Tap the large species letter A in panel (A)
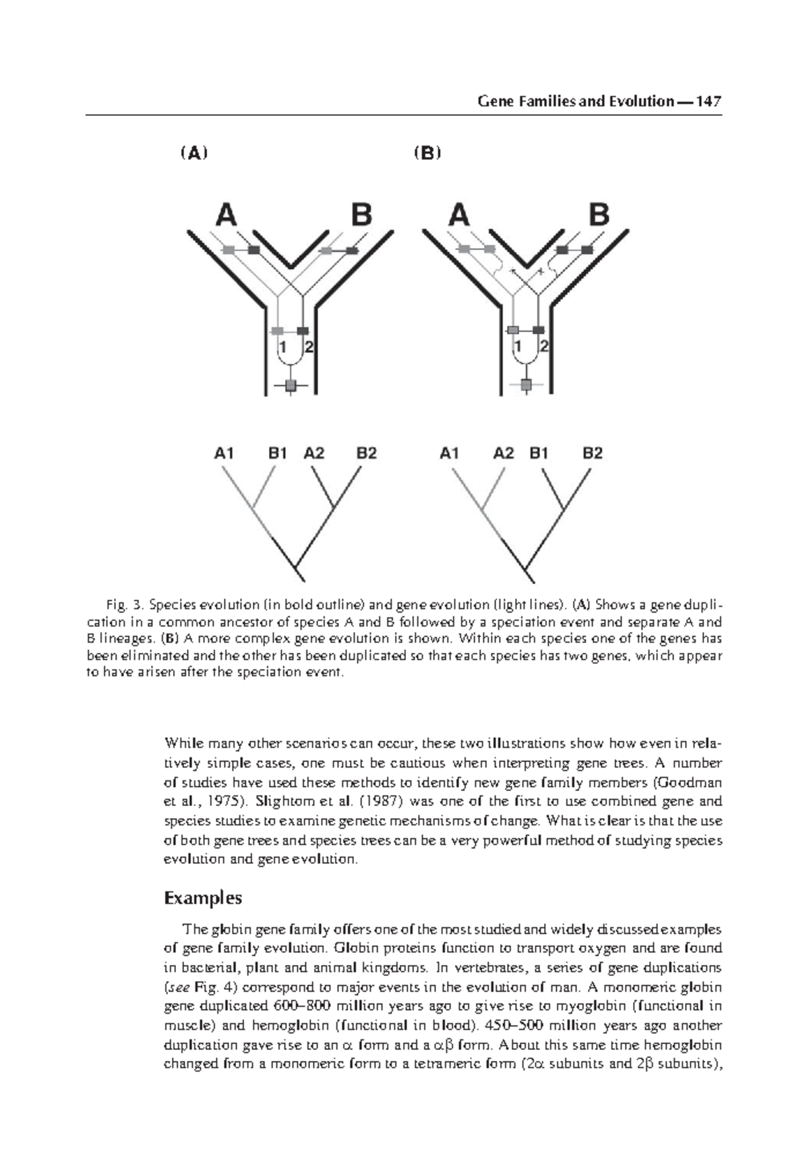click(227, 216)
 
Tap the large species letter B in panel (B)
click(599, 216)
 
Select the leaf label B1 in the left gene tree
click(278, 453)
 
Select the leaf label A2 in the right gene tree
click(504, 453)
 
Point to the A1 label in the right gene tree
click(450, 453)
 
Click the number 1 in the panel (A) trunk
click(283, 347)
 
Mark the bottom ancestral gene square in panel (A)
click(291, 386)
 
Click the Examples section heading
click(202, 898)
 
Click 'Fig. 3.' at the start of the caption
click(123, 603)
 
